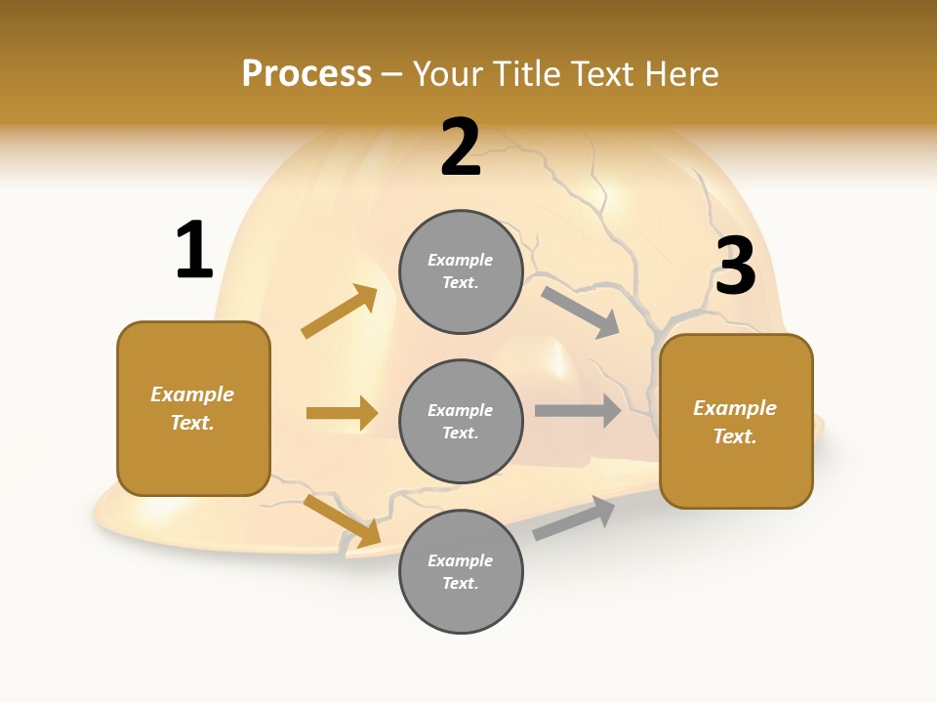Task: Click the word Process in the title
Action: (x=306, y=74)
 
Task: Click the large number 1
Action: (x=194, y=250)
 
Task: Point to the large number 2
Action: (x=461, y=147)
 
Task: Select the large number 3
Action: (x=735, y=267)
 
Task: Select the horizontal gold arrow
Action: (x=342, y=413)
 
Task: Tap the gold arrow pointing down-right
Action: (x=343, y=520)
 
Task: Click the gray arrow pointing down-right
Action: (x=580, y=311)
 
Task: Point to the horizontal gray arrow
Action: (x=577, y=410)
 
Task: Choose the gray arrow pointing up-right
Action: (x=574, y=517)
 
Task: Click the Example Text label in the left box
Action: (x=192, y=408)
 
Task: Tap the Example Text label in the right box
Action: (x=735, y=422)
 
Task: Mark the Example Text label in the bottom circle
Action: (x=460, y=571)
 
